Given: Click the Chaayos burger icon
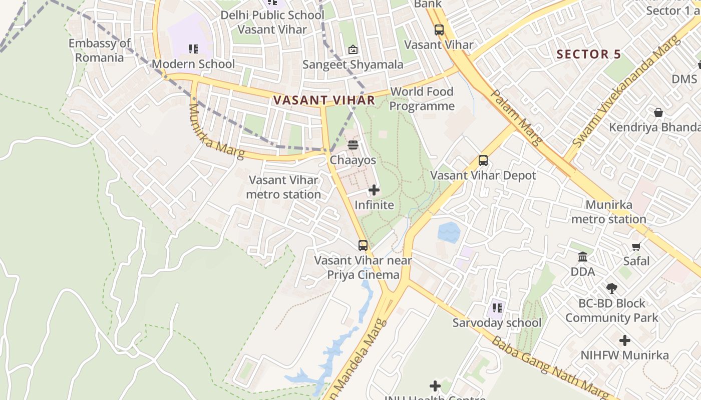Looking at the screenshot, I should pyautogui.click(x=353, y=145).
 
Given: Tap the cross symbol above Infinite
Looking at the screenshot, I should pyautogui.click(x=374, y=190).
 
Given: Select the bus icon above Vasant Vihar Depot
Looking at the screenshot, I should pyautogui.click(x=483, y=160).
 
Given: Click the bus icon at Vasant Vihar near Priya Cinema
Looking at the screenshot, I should pyautogui.click(x=363, y=245).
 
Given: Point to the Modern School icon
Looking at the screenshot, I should pyautogui.click(x=193, y=49).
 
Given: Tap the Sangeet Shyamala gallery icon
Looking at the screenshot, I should pyautogui.click(x=353, y=49).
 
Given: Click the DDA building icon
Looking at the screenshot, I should pyautogui.click(x=583, y=257).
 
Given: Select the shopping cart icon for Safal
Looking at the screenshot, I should pyautogui.click(x=636, y=246).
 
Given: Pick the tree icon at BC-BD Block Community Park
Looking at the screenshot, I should pyautogui.click(x=611, y=288).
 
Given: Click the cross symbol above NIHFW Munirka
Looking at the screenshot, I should pyautogui.click(x=625, y=340).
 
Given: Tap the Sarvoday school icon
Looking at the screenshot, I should pyautogui.click(x=497, y=308).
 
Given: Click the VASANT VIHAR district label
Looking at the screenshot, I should pyautogui.click(x=324, y=100).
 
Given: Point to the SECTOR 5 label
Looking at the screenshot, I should pyautogui.click(x=588, y=54).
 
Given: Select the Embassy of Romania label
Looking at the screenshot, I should pyautogui.click(x=99, y=50).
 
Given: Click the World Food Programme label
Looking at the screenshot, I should pyautogui.click(x=422, y=99).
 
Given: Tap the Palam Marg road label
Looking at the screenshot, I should pyautogui.click(x=516, y=117).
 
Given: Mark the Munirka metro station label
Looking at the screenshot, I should pyautogui.click(x=608, y=212).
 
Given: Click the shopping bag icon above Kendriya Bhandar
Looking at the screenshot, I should pyautogui.click(x=658, y=112).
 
